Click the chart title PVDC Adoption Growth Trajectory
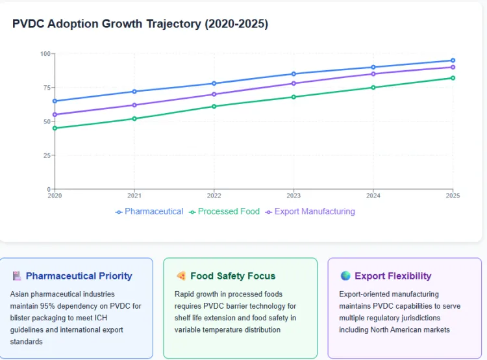140,23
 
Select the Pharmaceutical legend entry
149,211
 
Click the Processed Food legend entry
224,211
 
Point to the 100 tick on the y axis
45,53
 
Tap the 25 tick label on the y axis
47,155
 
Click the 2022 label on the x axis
214,195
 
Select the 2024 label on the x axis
373,195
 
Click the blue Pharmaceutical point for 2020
55,101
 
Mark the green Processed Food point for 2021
134,118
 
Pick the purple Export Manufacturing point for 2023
293,83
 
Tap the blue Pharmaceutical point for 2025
453,60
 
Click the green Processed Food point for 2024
373,87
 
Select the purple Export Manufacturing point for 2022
214,94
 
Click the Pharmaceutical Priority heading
79,276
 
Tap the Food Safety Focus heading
232,276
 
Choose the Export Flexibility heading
392,276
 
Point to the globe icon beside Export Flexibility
345,276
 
